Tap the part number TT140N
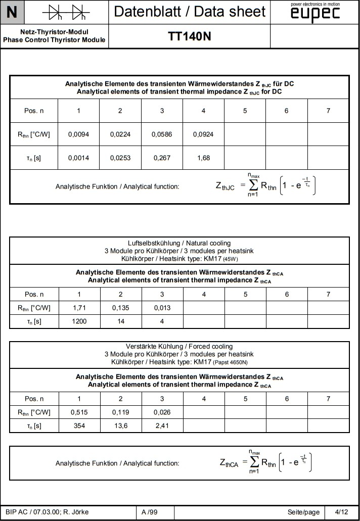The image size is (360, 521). coord(189,36)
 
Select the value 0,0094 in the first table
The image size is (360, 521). coord(78,134)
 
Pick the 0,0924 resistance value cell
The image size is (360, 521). coord(203,134)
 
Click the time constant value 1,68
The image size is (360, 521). coord(203,158)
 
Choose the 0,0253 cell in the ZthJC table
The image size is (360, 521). coord(120,158)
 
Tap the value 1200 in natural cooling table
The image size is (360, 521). coord(78,321)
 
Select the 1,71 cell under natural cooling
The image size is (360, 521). coord(78,308)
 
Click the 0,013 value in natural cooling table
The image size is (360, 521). coord(162,308)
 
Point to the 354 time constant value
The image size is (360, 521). coord(78,425)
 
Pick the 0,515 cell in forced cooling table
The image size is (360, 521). coord(78,412)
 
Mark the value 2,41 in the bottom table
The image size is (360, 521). coord(162,425)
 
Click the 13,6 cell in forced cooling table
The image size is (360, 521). coord(120,425)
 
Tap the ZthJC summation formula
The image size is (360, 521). coord(267,186)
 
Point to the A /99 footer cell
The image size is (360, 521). coord(150,512)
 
